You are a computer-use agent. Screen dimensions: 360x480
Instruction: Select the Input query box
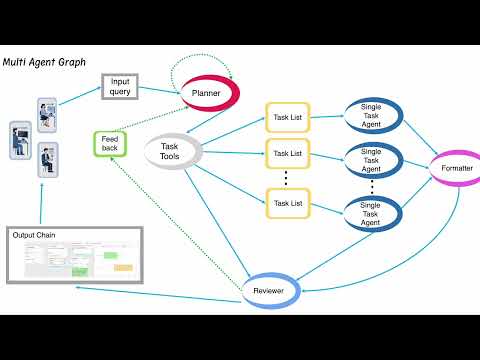point(120,87)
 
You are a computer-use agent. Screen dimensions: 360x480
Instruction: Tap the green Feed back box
point(108,144)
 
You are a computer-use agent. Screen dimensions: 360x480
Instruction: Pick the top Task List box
point(287,117)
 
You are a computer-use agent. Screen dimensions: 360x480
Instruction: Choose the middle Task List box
point(287,154)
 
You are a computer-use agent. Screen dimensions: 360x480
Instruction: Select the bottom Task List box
point(287,203)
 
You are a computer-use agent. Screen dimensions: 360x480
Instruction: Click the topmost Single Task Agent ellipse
point(372,116)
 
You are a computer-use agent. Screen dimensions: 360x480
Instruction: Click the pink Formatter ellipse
point(456,168)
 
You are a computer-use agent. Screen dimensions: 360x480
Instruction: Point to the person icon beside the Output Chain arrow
point(44,157)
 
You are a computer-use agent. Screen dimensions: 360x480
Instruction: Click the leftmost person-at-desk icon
point(19,138)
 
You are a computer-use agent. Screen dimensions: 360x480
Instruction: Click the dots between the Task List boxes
point(287,178)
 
